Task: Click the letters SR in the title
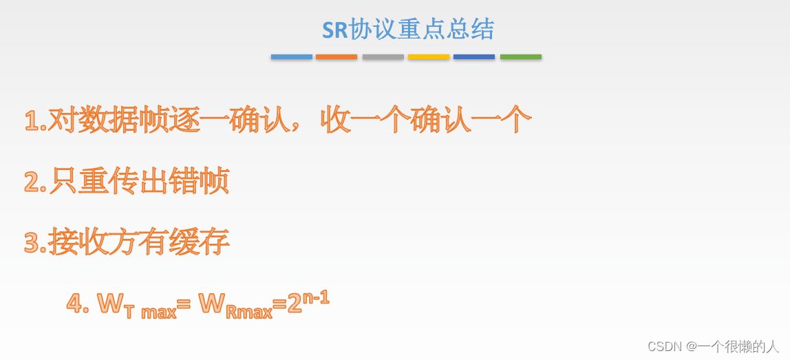pyautogui.click(x=335, y=30)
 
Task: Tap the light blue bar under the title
pyautogui.click(x=291, y=56)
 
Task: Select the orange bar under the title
pyautogui.click(x=337, y=56)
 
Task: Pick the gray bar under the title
pyautogui.click(x=383, y=56)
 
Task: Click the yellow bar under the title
pyautogui.click(x=428, y=56)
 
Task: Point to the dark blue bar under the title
pyautogui.click(x=474, y=56)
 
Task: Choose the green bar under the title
pyautogui.click(x=520, y=56)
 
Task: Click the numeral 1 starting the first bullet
pyautogui.click(x=31, y=121)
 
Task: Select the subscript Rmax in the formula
pyautogui.click(x=249, y=312)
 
